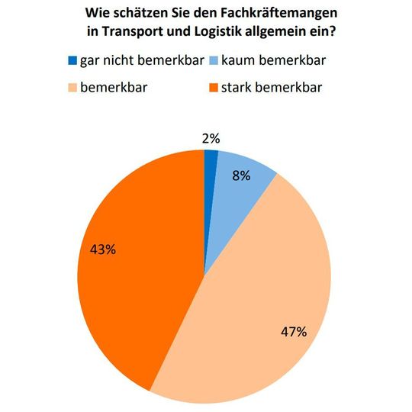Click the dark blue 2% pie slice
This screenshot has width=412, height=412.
pyautogui.click(x=210, y=172)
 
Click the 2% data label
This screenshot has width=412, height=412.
pyautogui.click(x=211, y=138)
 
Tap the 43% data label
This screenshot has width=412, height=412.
pyautogui.click(x=102, y=249)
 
